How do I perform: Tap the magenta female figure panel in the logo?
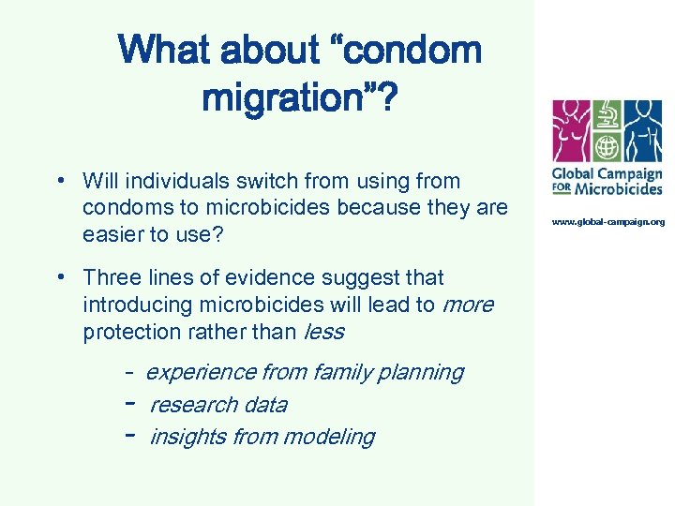click(572, 131)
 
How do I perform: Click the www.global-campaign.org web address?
click(607, 222)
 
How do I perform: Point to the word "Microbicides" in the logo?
click(619, 188)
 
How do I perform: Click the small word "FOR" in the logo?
click(562, 188)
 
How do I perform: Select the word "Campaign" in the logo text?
click(629, 173)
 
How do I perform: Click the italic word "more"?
click(467, 305)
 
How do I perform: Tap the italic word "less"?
click(324, 332)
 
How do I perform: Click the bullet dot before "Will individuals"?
click(59, 180)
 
